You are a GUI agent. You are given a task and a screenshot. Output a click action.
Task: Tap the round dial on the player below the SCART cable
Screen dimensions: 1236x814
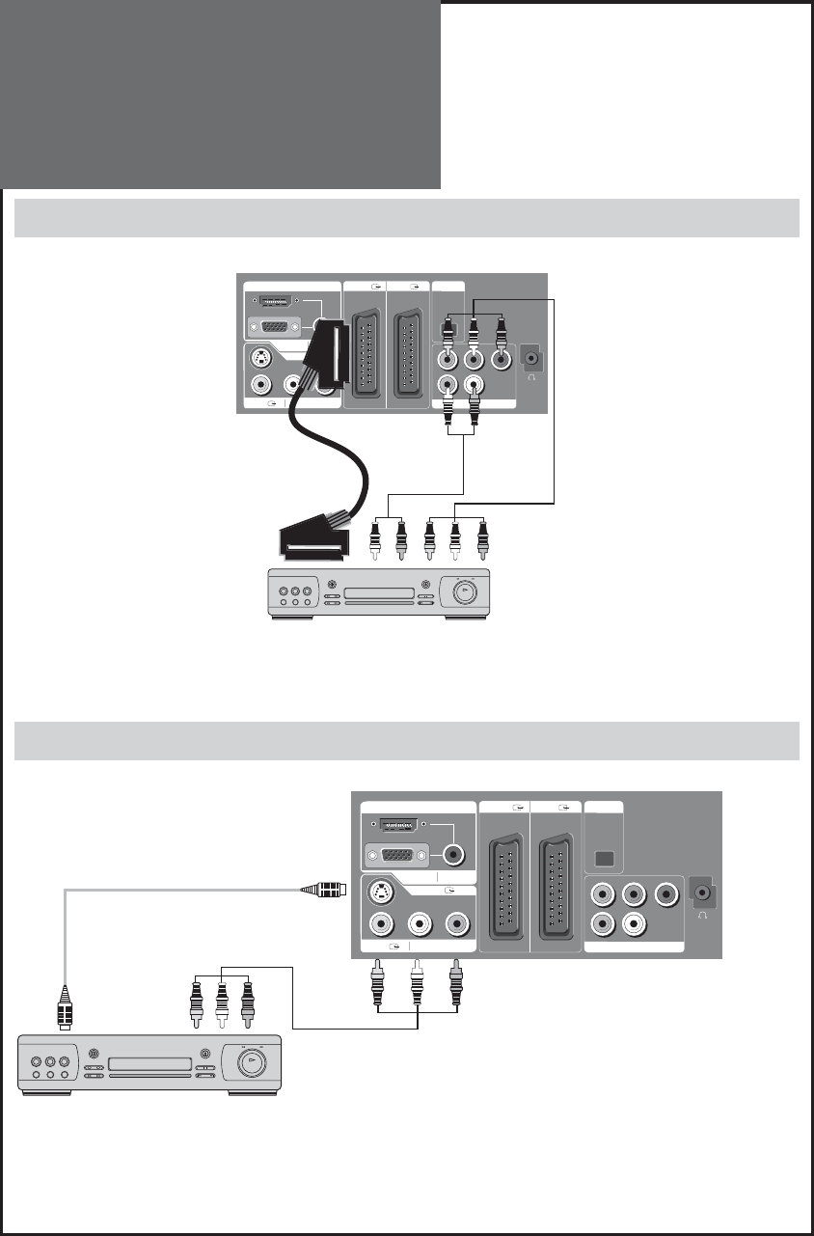click(464, 591)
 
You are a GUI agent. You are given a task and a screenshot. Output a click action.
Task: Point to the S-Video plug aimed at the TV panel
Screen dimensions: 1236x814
click(322, 890)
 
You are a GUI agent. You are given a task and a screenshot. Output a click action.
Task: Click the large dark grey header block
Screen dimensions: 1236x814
click(221, 95)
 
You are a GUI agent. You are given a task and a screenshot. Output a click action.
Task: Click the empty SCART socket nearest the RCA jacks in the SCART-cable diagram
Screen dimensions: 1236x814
click(408, 352)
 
